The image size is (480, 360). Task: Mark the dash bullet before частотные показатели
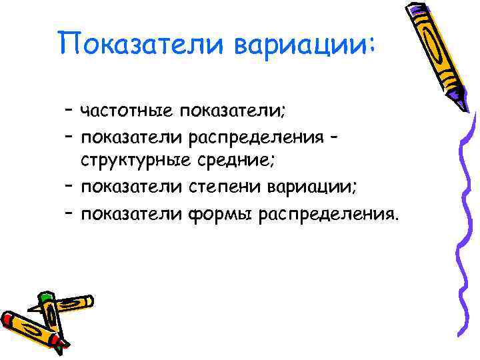[69, 109]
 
